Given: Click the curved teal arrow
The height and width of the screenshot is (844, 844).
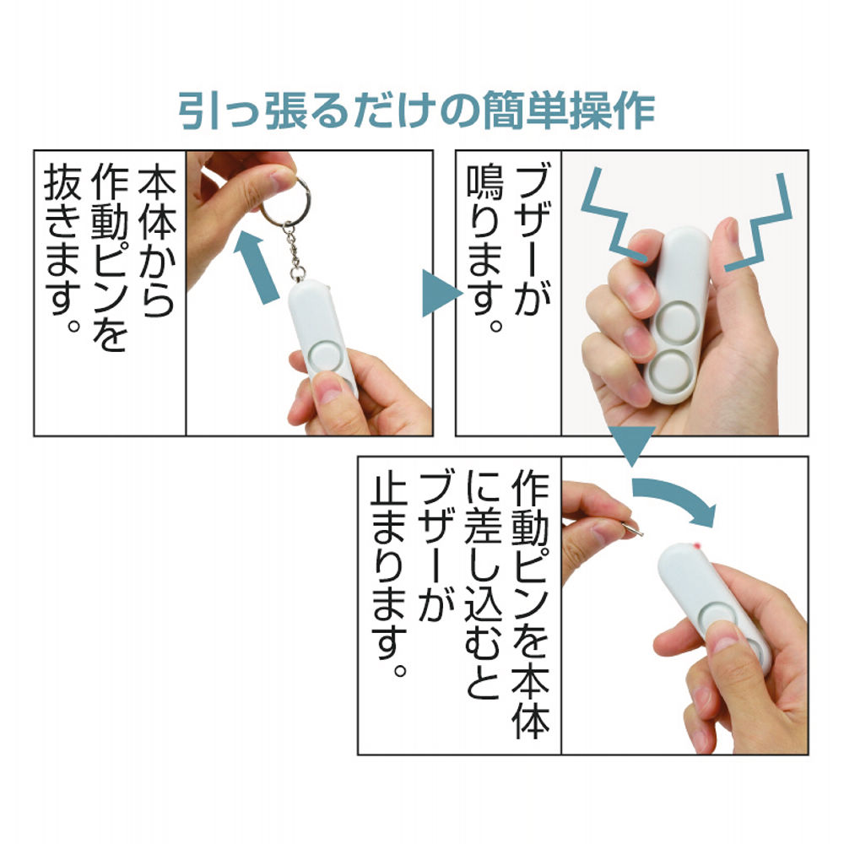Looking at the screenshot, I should [675, 498].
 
